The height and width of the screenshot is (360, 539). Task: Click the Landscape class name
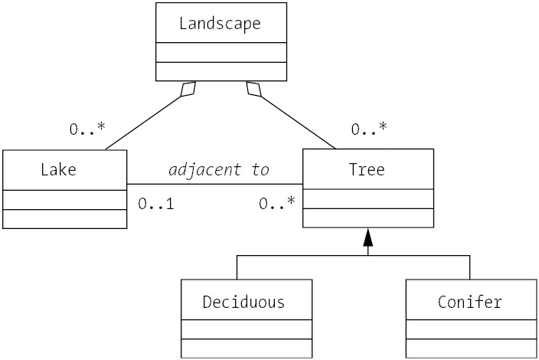tap(220, 23)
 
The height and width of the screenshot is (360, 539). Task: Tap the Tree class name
tap(367, 169)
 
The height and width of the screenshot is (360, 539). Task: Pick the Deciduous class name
tap(243, 301)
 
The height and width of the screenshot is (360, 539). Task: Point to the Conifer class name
tap(470, 301)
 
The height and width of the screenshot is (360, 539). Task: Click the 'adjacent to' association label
tap(218, 169)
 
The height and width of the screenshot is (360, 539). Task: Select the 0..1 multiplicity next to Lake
tap(156, 205)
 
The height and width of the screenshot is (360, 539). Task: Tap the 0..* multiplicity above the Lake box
tap(87, 129)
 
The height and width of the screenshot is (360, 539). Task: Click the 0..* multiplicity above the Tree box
tap(368, 129)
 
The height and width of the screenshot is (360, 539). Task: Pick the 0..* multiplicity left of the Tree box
tap(276, 205)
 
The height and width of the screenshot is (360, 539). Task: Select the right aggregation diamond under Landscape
tap(253, 90)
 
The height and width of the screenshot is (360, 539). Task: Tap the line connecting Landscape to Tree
tap(299, 123)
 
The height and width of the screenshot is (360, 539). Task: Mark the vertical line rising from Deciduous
tap(237, 268)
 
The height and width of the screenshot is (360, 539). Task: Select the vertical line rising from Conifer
tap(469, 268)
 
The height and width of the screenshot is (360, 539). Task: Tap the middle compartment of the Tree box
tap(367, 198)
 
